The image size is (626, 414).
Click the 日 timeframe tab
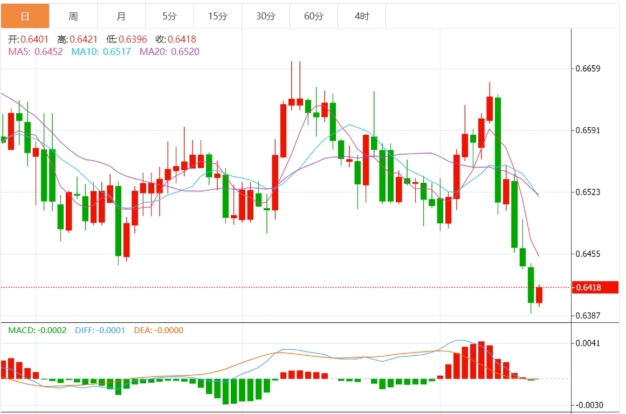[x=25, y=16]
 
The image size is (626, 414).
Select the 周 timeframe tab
[x=73, y=16]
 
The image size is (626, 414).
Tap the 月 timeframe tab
[x=121, y=16]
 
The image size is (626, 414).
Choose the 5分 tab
[x=169, y=16]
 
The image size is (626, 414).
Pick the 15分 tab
[x=217, y=16]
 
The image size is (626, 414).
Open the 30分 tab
[x=265, y=16]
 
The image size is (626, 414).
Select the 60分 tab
[x=313, y=16]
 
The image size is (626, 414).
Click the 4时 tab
[x=362, y=16]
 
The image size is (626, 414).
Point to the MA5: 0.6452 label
[x=36, y=52]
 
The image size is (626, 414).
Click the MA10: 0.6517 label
[x=101, y=52]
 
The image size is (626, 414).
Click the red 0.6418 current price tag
[x=595, y=287]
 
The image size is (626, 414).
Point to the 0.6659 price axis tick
[x=588, y=68]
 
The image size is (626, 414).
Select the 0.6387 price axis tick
[x=588, y=315]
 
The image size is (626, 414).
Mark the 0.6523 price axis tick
[x=588, y=192]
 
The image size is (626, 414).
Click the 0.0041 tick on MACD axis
[x=588, y=343]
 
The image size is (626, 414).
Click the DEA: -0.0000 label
[x=158, y=330]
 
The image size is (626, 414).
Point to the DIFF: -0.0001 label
[x=99, y=330]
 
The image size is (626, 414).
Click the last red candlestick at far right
[x=539, y=295]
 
